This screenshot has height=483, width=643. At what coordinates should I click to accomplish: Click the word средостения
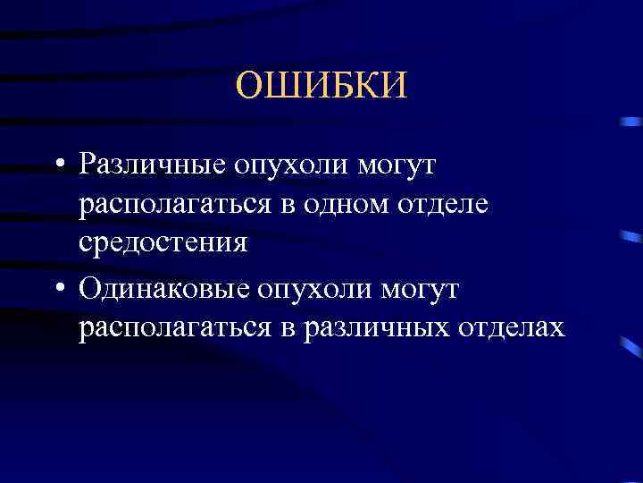[x=163, y=243]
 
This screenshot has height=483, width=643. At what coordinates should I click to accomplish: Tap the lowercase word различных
[x=381, y=327]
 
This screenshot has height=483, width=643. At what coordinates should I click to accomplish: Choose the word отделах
[x=514, y=327]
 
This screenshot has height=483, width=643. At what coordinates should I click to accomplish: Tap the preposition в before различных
[x=288, y=329]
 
